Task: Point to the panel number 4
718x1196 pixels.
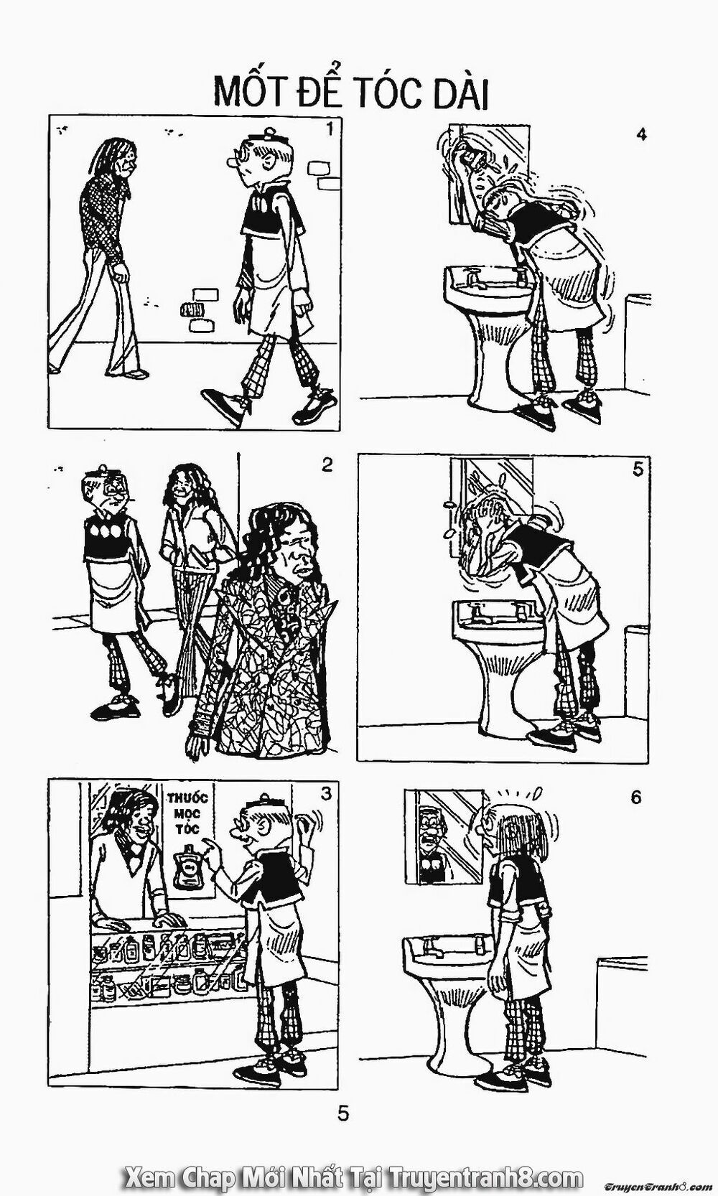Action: [641, 134]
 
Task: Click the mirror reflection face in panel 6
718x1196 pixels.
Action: [431, 831]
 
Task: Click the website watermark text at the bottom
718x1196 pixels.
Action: [353, 1175]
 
